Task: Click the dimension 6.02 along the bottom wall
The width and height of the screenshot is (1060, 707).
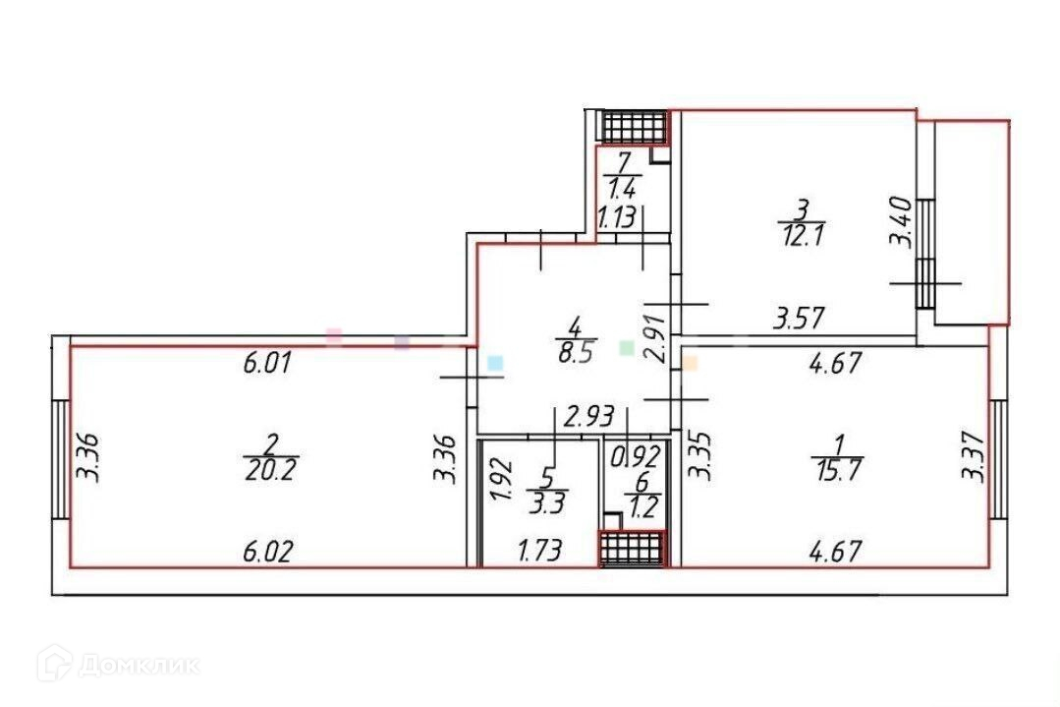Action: (268, 552)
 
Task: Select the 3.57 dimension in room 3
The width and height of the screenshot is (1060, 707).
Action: (799, 319)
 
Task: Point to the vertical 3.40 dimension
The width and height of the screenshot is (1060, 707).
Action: (905, 224)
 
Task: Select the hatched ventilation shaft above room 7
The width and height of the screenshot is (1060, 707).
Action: (634, 126)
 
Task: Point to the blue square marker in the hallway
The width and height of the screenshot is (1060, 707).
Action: (496, 363)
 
